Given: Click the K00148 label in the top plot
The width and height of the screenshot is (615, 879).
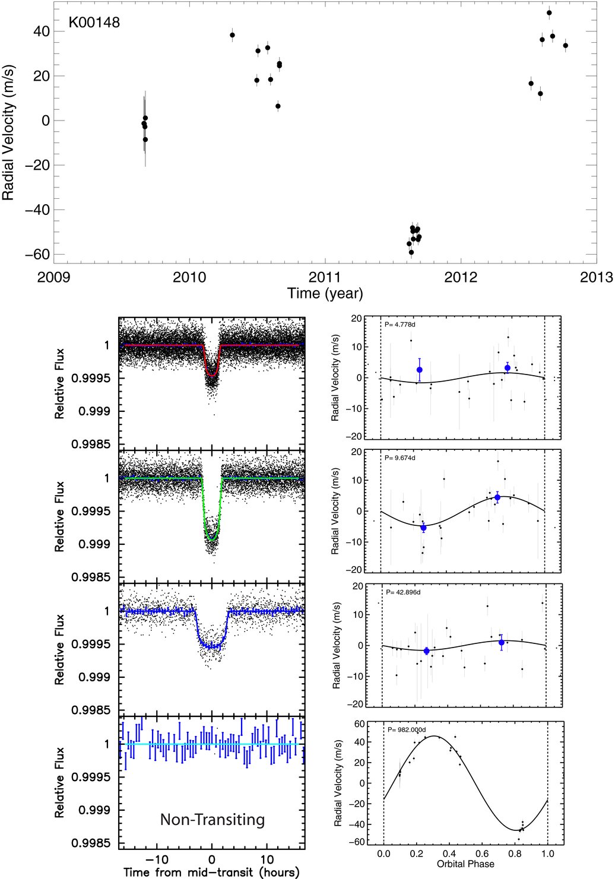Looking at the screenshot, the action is (x=94, y=23).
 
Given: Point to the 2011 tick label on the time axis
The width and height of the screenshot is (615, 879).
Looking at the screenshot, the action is (x=325, y=277).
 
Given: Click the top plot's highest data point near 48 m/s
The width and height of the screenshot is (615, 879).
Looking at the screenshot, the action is (x=549, y=12).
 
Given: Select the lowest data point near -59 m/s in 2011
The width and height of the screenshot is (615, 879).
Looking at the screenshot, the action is (x=411, y=252).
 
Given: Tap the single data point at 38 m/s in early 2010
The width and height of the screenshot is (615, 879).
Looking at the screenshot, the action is (x=232, y=35).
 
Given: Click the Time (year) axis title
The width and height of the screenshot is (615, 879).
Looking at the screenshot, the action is (x=325, y=293).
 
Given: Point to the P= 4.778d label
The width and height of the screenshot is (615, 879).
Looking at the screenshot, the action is (x=400, y=325).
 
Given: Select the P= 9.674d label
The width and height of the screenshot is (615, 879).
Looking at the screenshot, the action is (x=400, y=458).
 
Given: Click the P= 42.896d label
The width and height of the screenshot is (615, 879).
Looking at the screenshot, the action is (x=403, y=592).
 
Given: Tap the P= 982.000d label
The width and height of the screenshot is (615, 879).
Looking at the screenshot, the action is (x=407, y=729).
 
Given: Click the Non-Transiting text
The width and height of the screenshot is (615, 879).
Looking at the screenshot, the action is (x=213, y=820).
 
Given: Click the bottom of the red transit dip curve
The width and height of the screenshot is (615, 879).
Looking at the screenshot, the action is (x=212, y=376).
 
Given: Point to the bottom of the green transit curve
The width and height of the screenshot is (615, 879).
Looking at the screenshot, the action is (x=212, y=540).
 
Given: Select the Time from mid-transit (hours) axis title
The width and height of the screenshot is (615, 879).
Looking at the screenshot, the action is (x=211, y=872).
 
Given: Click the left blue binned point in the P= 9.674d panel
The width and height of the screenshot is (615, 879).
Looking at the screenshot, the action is (x=423, y=528).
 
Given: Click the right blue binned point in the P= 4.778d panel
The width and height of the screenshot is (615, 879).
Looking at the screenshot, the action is (x=508, y=368).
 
